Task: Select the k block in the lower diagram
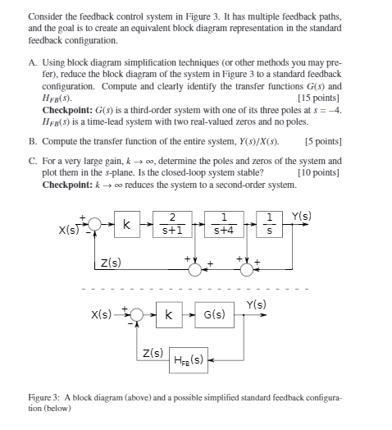[x=168, y=314]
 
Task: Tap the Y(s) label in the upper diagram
[x=302, y=217]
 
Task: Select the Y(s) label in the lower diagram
[x=256, y=305]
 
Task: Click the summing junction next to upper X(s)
[x=96, y=224]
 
